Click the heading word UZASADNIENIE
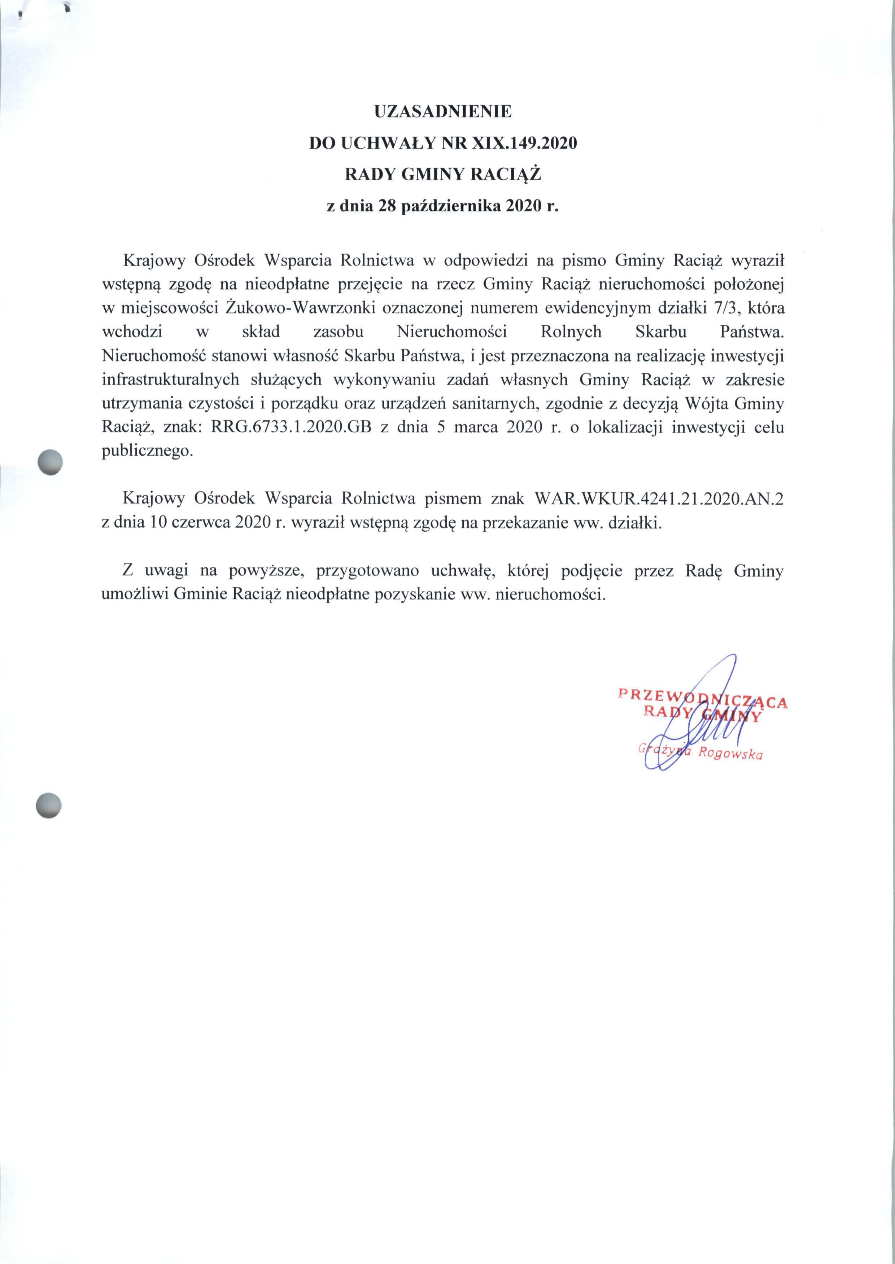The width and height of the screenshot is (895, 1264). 443,112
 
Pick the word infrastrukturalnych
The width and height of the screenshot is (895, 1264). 170,380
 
